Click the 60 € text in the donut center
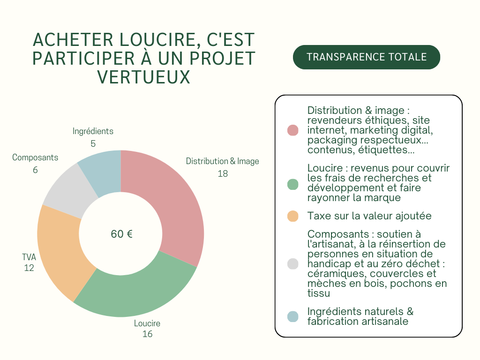(121, 234)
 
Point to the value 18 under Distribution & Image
(223, 173)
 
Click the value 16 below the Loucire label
(147, 334)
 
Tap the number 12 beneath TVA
(29, 268)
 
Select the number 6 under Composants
(35, 170)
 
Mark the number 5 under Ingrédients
(93, 143)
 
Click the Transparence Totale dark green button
(367, 57)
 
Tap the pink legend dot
(292, 130)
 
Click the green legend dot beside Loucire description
(292, 184)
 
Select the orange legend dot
(292, 216)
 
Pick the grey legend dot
(292, 264)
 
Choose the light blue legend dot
(292, 317)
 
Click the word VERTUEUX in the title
(144, 77)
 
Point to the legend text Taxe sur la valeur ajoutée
(369, 216)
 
